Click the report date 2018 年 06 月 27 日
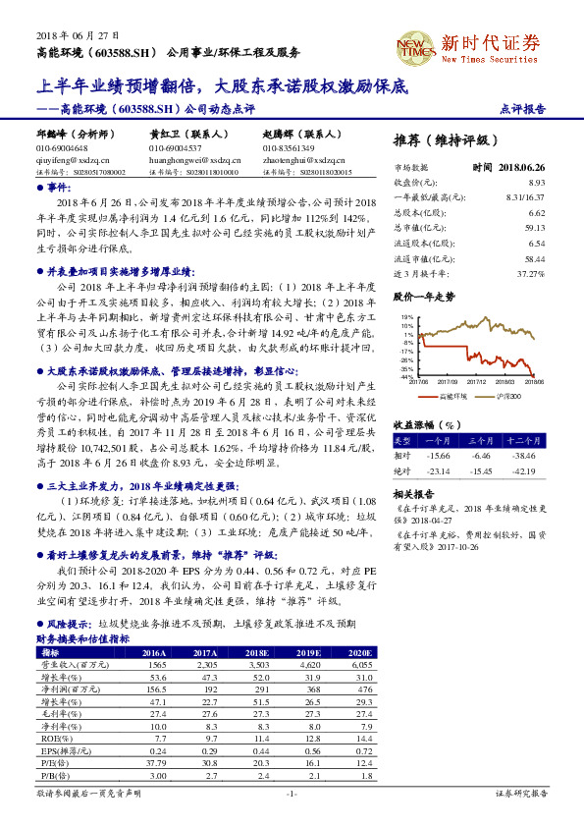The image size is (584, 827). [x=63, y=33]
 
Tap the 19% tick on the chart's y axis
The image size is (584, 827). [x=405, y=317]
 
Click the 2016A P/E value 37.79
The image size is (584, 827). [x=153, y=761]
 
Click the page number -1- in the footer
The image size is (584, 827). [x=292, y=793]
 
